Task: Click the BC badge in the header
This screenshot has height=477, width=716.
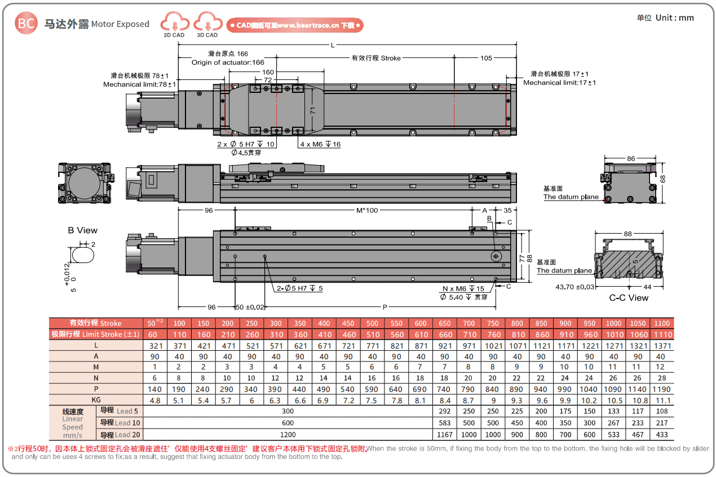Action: click(x=26, y=23)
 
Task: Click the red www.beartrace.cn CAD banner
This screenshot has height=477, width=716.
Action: click(x=295, y=25)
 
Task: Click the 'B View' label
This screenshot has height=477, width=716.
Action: click(x=82, y=230)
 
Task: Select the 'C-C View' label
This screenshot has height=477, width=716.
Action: click(x=629, y=297)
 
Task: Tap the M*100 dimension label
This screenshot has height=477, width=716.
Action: click(x=366, y=210)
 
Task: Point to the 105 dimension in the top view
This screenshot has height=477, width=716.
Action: click(x=486, y=58)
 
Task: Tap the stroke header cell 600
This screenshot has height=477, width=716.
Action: click(x=421, y=323)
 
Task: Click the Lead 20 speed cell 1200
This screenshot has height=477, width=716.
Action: click(x=288, y=434)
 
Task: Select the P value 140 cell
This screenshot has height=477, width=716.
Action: click(x=154, y=389)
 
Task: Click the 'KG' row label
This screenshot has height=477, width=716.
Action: click(x=96, y=400)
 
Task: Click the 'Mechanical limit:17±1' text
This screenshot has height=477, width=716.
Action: click(x=559, y=83)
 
